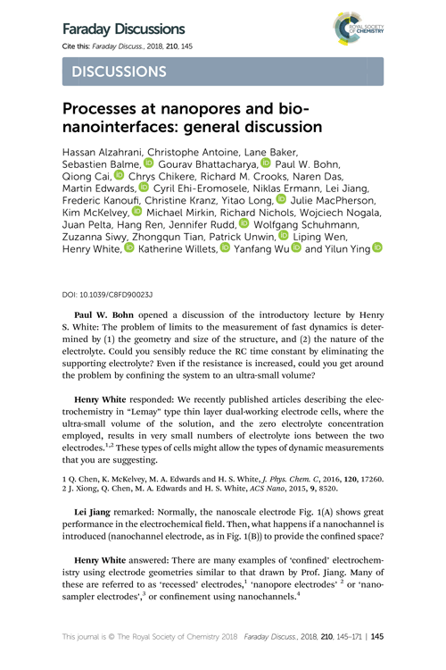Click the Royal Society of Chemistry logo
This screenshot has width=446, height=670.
(356, 32)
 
